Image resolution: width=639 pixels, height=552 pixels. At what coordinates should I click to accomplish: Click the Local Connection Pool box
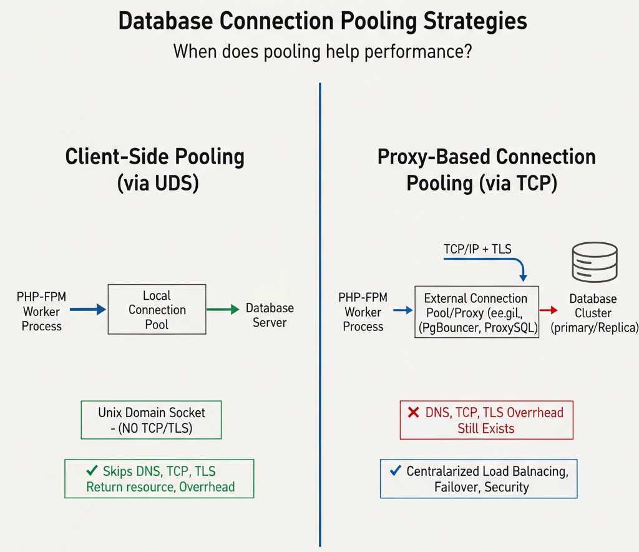[157, 310]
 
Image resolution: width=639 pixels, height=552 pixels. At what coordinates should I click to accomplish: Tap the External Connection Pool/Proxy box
[476, 312]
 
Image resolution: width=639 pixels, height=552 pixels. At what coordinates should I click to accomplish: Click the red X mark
[413, 412]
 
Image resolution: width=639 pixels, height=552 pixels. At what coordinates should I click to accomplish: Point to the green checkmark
[92, 471]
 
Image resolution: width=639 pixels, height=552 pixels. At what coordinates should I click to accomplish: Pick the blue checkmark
[394, 471]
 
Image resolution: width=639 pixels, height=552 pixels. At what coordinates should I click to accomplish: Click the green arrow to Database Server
[223, 309]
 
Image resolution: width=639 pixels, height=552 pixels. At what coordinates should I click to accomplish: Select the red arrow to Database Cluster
[549, 309]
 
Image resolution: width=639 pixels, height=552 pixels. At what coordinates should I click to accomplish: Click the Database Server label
[270, 315]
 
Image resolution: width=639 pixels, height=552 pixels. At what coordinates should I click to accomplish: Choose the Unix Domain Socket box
[151, 420]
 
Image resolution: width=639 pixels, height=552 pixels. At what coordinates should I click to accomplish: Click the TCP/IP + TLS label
[477, 249]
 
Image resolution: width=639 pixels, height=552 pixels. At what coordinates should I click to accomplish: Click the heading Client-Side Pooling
[155, 157]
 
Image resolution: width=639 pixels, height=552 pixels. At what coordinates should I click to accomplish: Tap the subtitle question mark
[466, 51]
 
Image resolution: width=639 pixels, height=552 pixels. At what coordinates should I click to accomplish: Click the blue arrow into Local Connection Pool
[87, 309]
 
